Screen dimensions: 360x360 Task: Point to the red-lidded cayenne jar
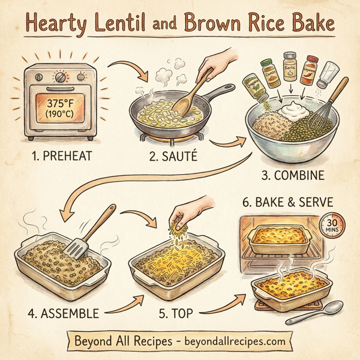point(310,68)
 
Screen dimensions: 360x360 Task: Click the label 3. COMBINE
point(298,176)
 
